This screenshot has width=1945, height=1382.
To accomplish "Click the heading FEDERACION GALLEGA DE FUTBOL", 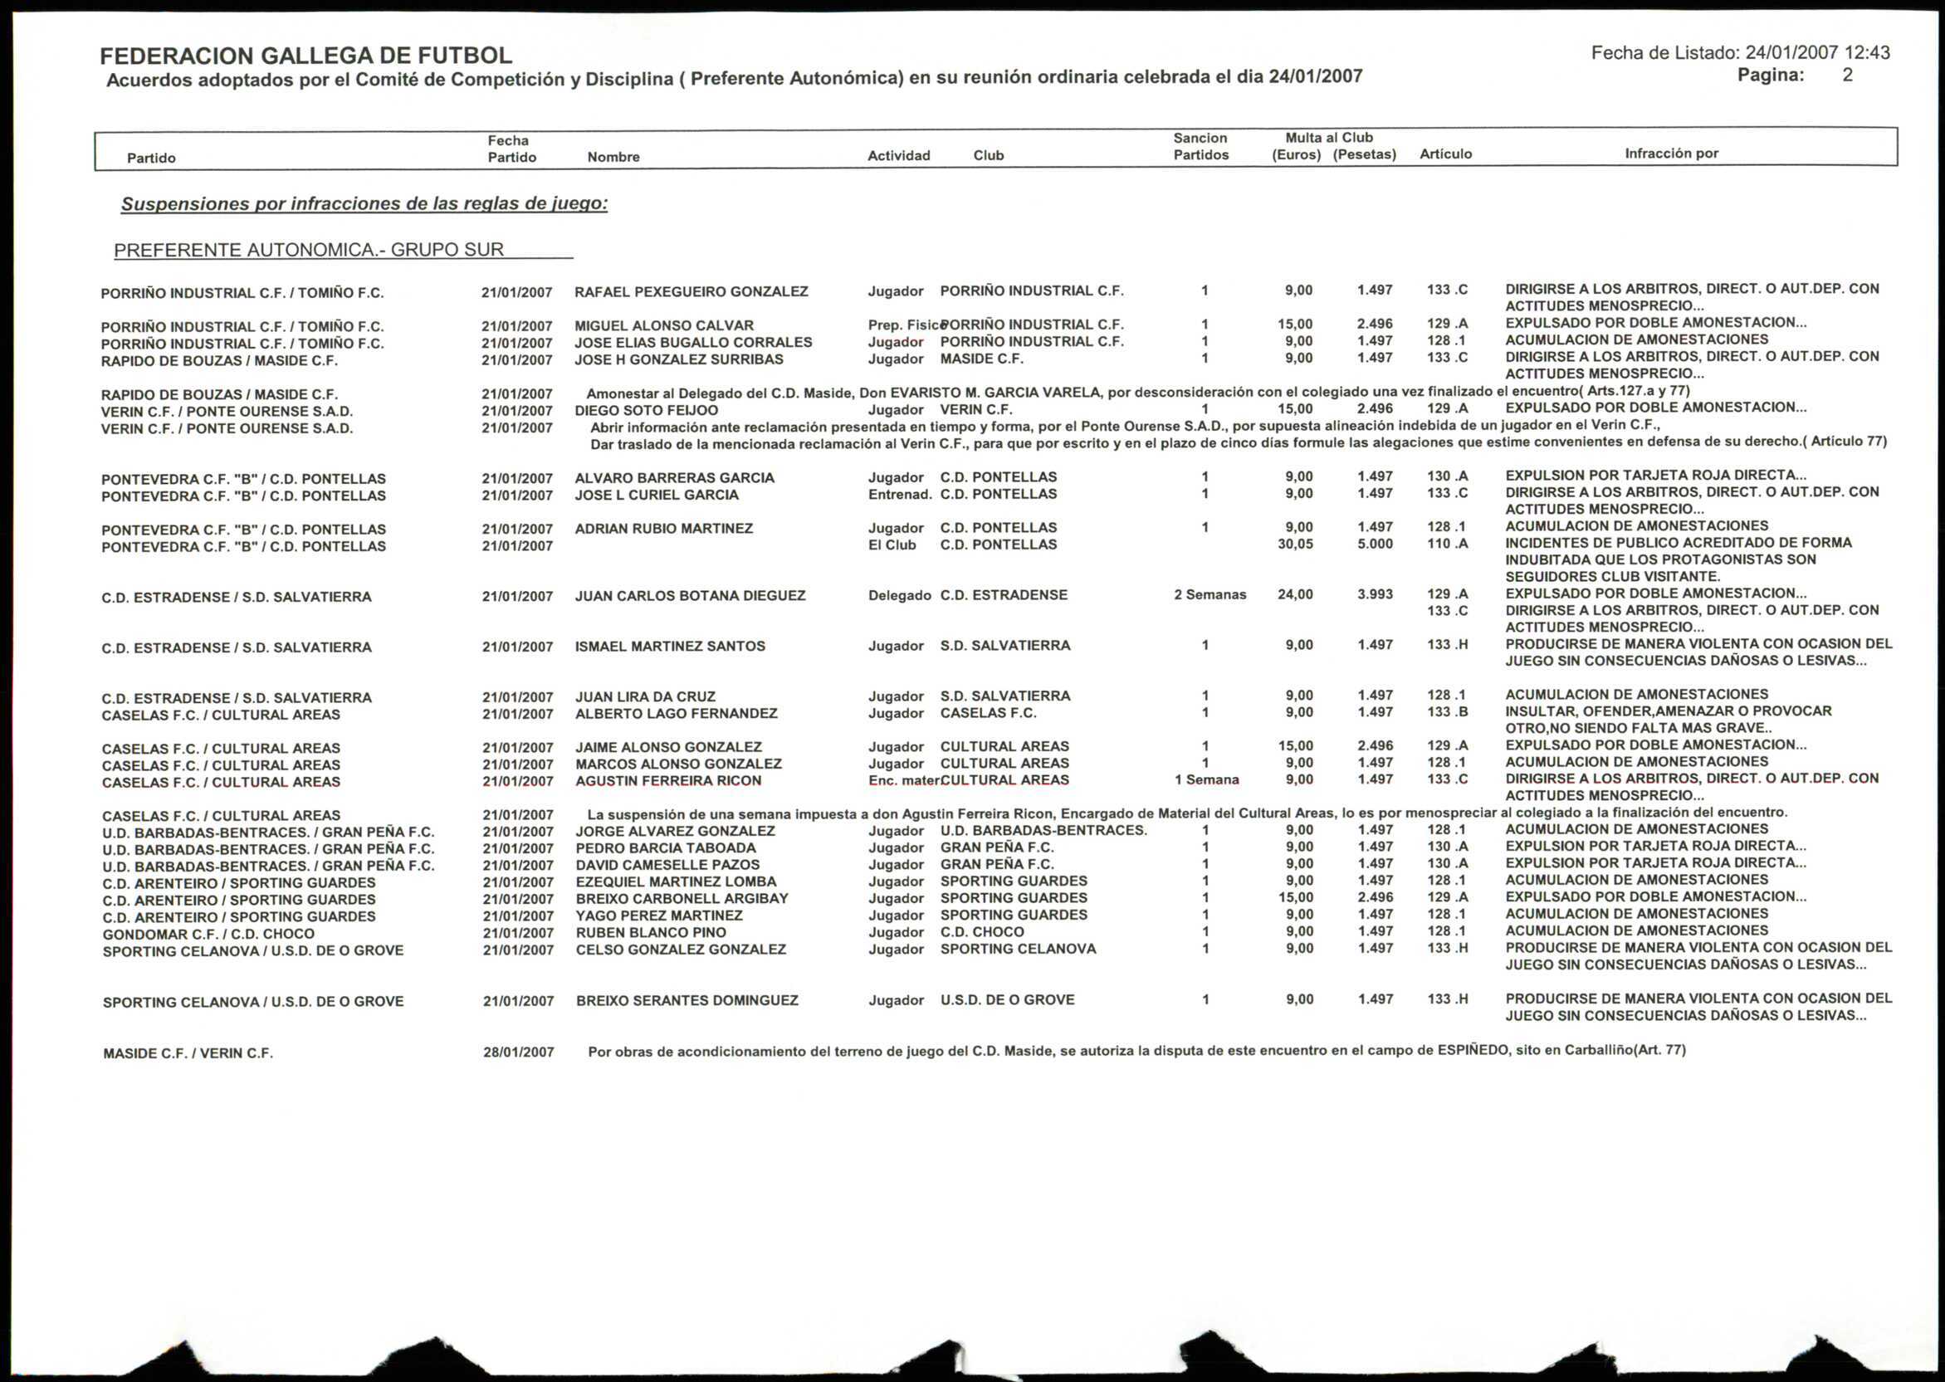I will pos(305,56).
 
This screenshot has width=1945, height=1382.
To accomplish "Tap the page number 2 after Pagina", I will pos(1847,75).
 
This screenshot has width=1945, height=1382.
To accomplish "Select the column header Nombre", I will pos(613,158).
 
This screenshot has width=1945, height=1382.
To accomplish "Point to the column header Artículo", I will pos(1444,154).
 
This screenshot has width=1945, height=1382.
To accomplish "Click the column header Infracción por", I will pos(1671,154).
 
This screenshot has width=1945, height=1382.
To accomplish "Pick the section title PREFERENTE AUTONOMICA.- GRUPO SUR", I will pos(309,250).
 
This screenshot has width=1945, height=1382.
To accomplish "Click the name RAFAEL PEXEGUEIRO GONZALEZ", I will pos(691,292).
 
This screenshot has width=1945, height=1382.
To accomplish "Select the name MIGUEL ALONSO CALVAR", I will pos(663,326).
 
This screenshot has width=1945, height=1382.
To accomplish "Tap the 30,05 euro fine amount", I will pos(1295,544).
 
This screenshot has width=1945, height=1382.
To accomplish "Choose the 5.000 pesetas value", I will pos(1375,544).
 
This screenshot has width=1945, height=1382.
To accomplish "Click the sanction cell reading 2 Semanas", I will pos(1210,595).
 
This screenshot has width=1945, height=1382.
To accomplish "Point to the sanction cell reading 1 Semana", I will pos(1206,780).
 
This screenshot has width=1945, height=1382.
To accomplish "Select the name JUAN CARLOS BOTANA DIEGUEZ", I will pos(690,596).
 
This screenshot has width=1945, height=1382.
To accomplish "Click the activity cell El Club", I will pos(892,545).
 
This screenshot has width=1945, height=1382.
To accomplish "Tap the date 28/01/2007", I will pos(518,1052).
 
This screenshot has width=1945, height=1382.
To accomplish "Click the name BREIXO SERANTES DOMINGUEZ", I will pos(687,1001).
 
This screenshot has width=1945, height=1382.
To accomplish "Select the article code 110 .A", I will pos(1447,544).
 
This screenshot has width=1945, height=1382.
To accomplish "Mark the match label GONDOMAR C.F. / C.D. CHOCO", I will pos(208,934).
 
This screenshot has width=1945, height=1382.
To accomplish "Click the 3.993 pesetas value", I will pos(1375,595).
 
